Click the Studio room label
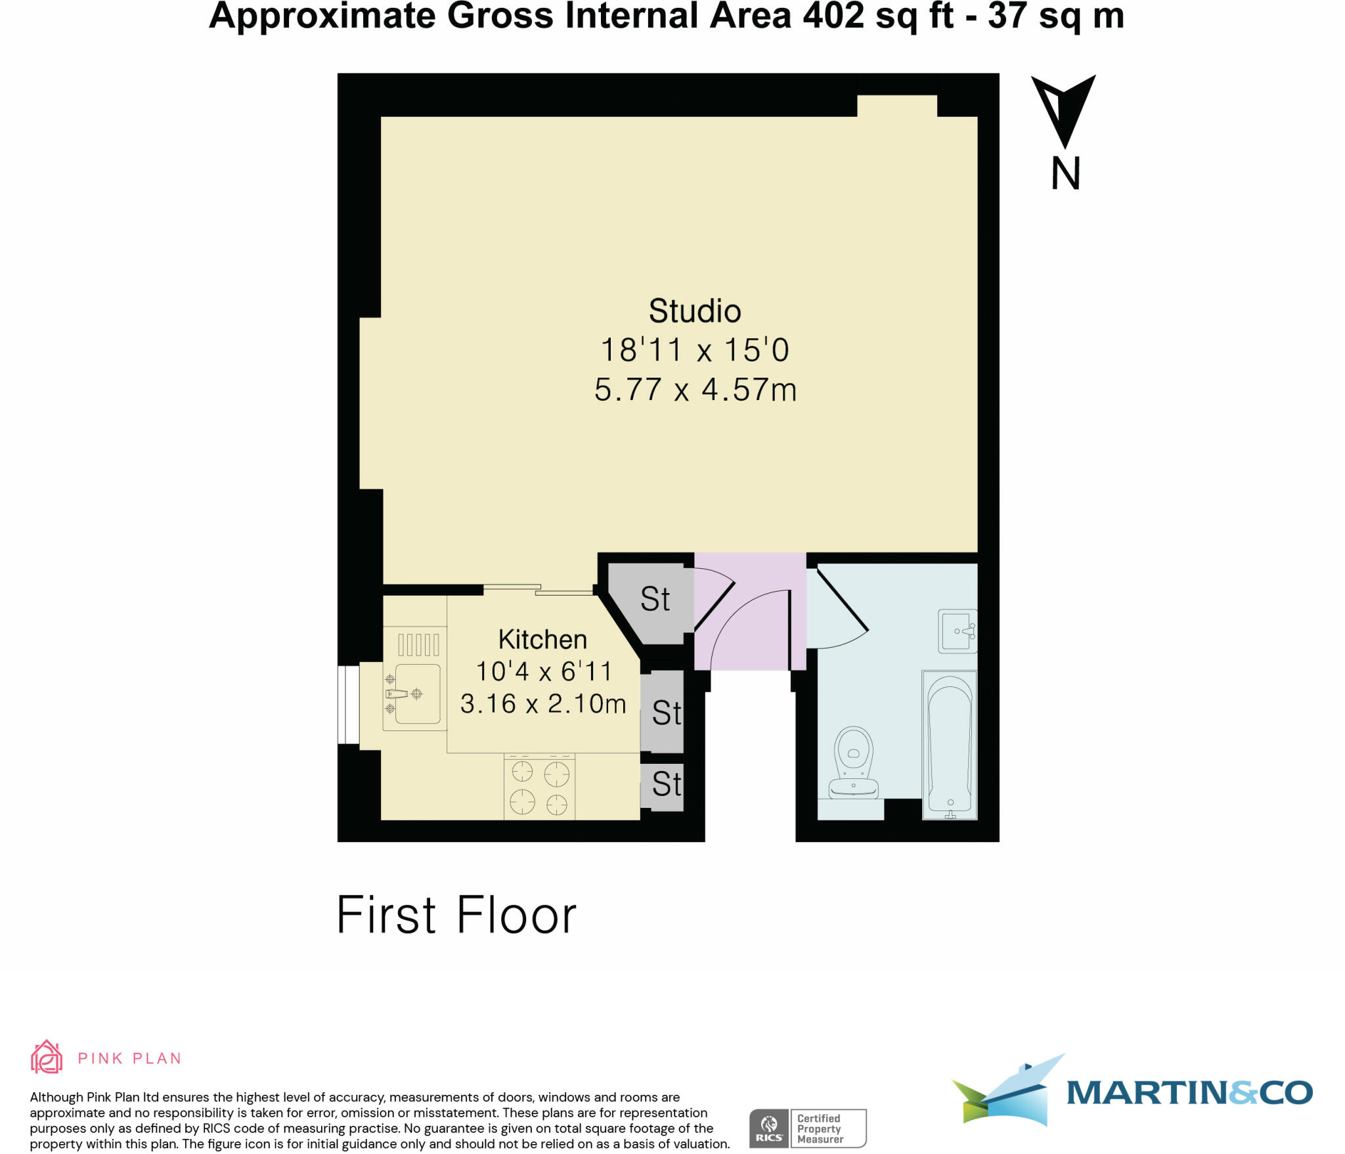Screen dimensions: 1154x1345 [694, 311]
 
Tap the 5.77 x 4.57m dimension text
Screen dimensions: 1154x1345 [695, 389]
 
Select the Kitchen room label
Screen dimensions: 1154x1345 [542, 639]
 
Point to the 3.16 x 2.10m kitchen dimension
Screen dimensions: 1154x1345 [543, 703]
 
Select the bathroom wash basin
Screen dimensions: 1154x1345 [958, 631]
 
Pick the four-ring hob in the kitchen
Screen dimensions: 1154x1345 [539, 787]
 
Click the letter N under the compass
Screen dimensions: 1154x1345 [1065, 174]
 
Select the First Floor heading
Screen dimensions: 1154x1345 [456, 915]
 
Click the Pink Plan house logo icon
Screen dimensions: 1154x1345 [47, 1057]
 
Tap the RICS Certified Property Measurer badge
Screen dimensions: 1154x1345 [808, 1128]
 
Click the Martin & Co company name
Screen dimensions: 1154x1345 [1189, 1093]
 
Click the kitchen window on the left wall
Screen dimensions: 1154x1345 [348, 705]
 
